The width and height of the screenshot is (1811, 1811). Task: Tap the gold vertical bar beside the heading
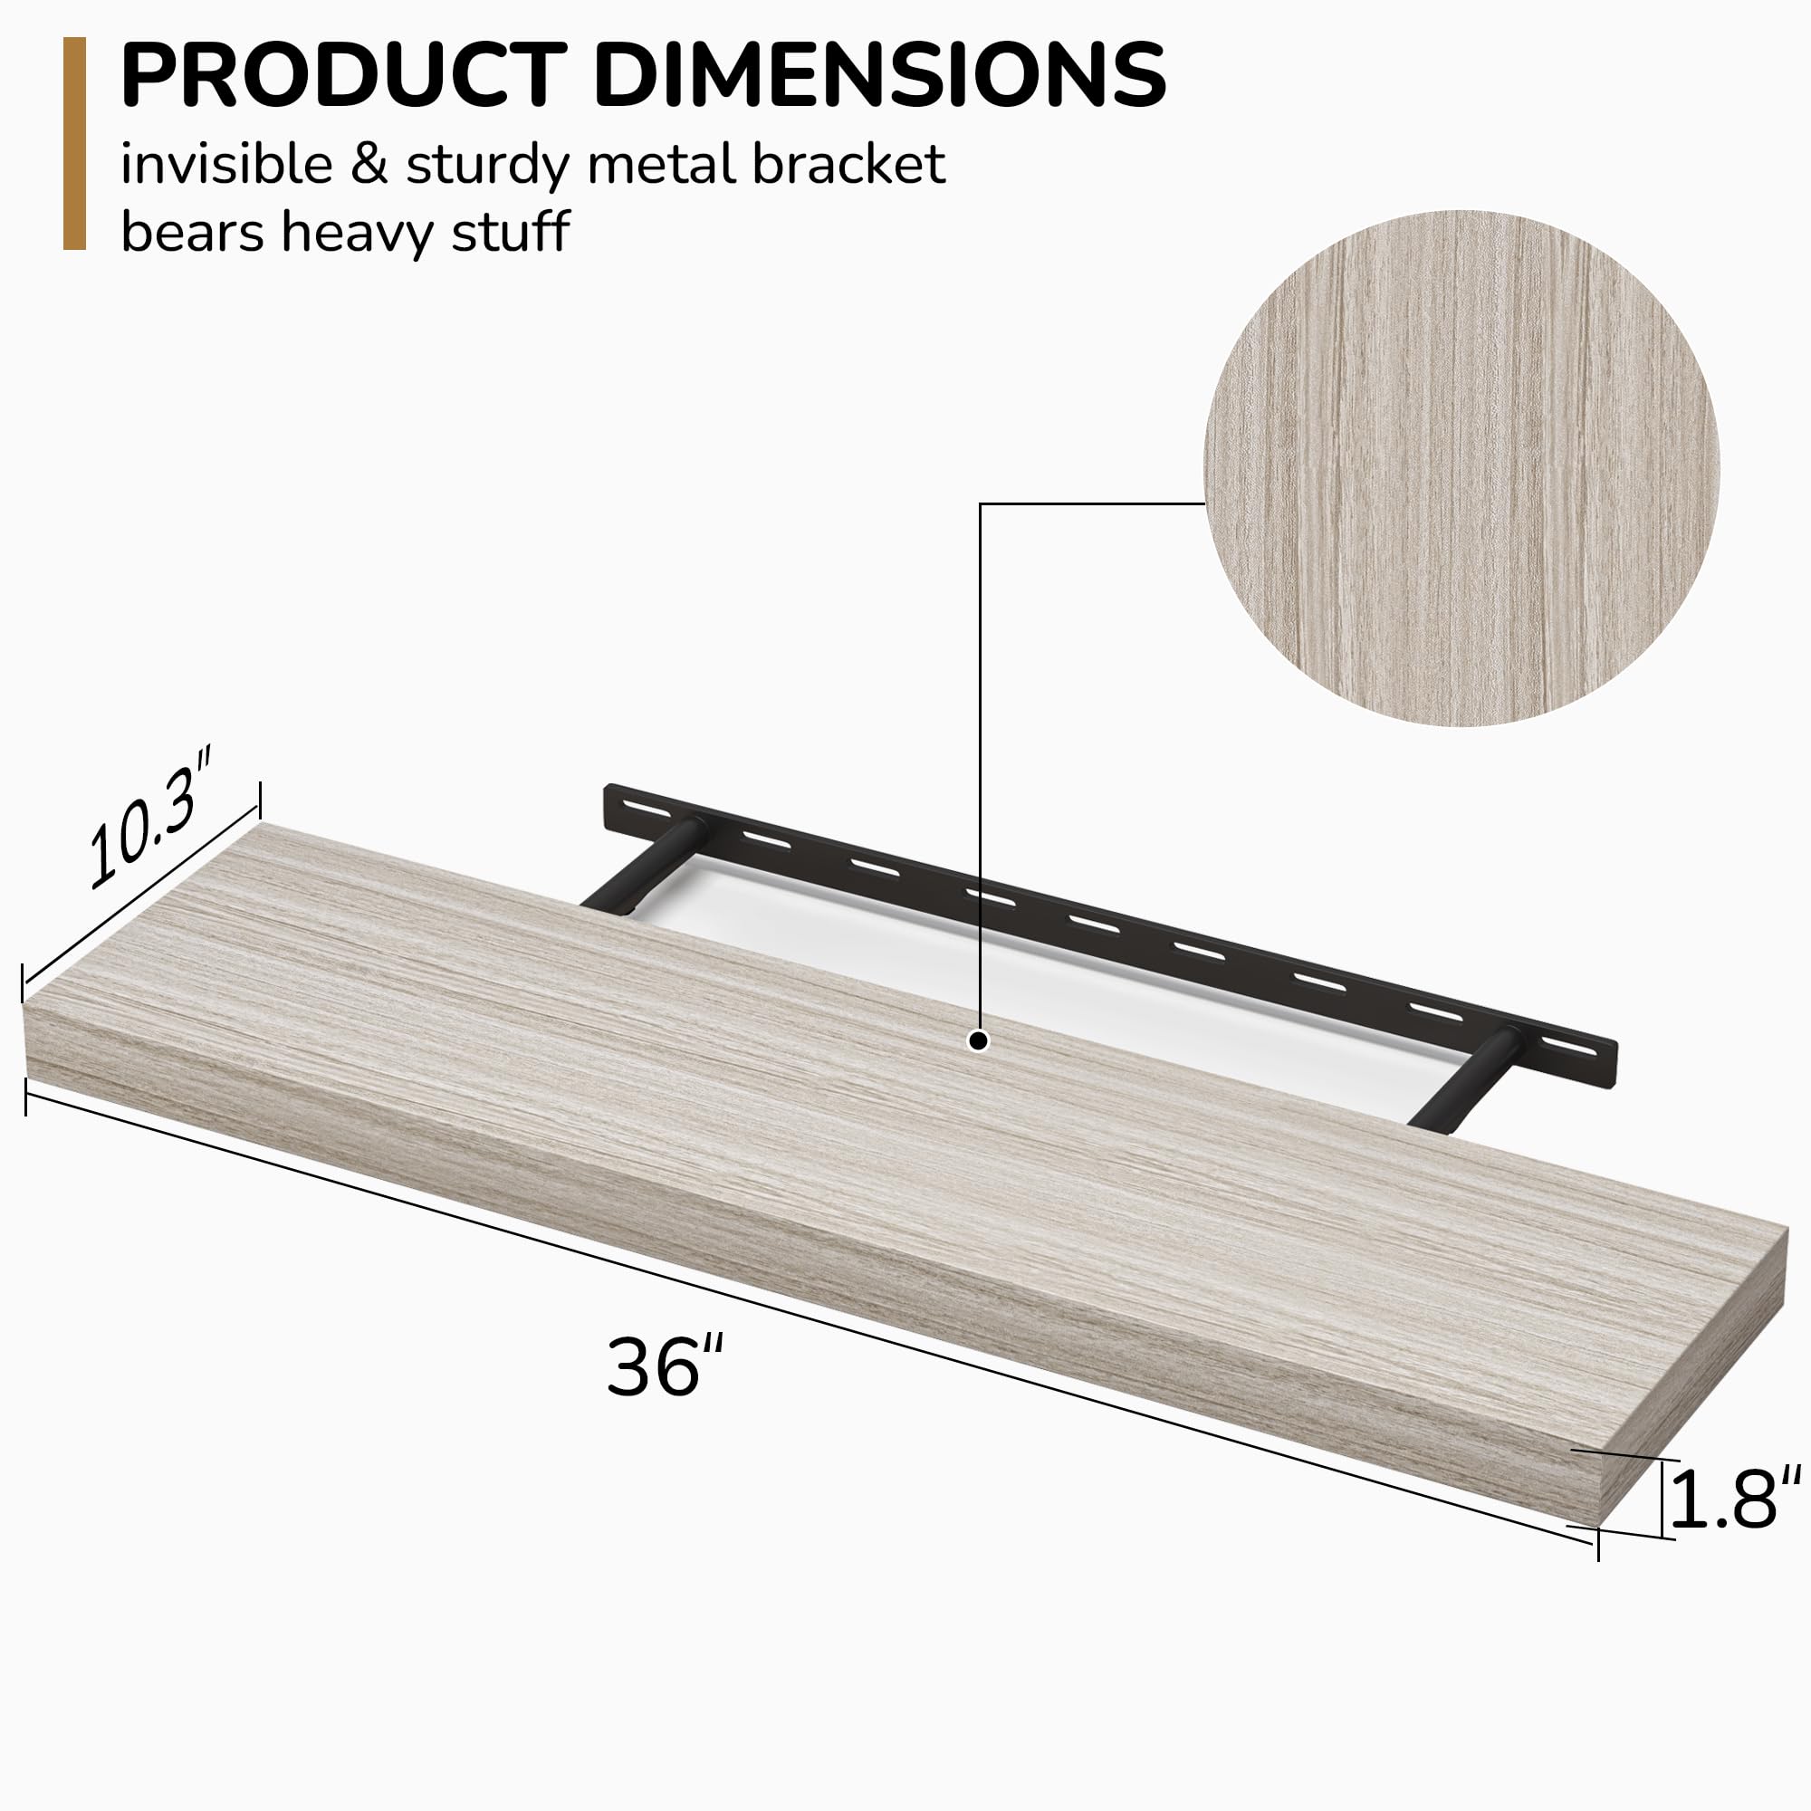74,143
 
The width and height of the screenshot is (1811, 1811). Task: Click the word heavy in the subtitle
357,232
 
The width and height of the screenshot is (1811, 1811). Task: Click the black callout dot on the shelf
979,1040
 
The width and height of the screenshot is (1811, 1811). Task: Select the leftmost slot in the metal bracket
645,807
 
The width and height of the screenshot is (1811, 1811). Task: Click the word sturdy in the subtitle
487,165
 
